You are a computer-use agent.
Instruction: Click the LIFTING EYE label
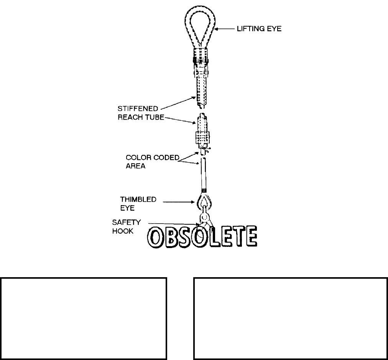click(259, 28)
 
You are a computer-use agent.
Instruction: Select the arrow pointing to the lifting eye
click(227, 28)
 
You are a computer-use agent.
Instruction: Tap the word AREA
click(136, 167)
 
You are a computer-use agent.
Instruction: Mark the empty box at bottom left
click(84, 318)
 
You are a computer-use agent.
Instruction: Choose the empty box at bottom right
click(290, 318)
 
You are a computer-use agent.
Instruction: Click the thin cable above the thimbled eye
click(203, 174)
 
